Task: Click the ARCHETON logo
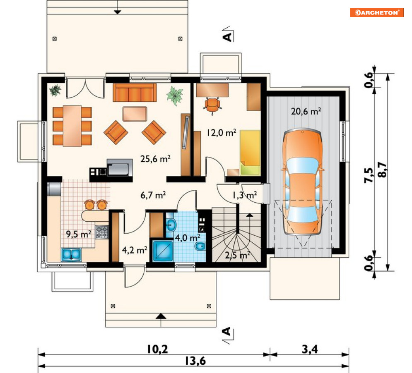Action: point(376,12)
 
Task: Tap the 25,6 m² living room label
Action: point(155,159)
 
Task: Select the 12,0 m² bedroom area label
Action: point(221,133)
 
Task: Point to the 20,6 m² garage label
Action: point(306,111)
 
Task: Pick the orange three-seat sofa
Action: point(135,92)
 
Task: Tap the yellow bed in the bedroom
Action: point(250,153)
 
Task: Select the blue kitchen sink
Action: point(71,255)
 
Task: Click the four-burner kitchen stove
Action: point(102,232)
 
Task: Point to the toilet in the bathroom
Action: point(200,246)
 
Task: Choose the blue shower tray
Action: point(163,251)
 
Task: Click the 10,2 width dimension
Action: point(157,349)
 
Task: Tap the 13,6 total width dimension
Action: point(195,361)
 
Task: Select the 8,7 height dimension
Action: point(383,170)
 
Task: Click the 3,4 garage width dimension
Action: point(310,349)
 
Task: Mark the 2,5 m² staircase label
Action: point(237,255)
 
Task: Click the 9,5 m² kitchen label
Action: point(79,234)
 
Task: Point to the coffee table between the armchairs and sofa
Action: point(135,114)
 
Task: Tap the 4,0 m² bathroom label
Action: point(188,238)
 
